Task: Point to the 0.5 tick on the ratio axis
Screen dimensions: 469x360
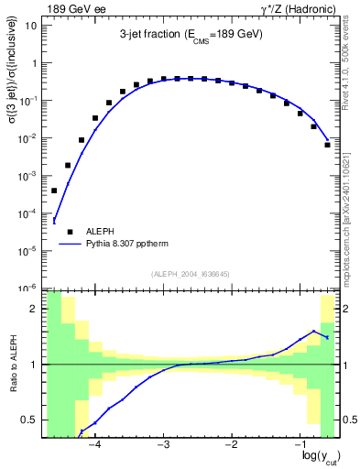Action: click(x=32, y=420)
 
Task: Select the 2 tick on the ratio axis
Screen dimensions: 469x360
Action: click(x=37, y=309)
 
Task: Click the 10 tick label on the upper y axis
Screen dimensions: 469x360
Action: click(x=30, y=26)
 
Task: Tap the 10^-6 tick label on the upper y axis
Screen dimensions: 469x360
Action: click(x=27, y=288)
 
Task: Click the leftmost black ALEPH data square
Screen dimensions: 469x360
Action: click(x=54, y=191)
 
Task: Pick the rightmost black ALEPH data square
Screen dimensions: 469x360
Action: click(x=327, y=145)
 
